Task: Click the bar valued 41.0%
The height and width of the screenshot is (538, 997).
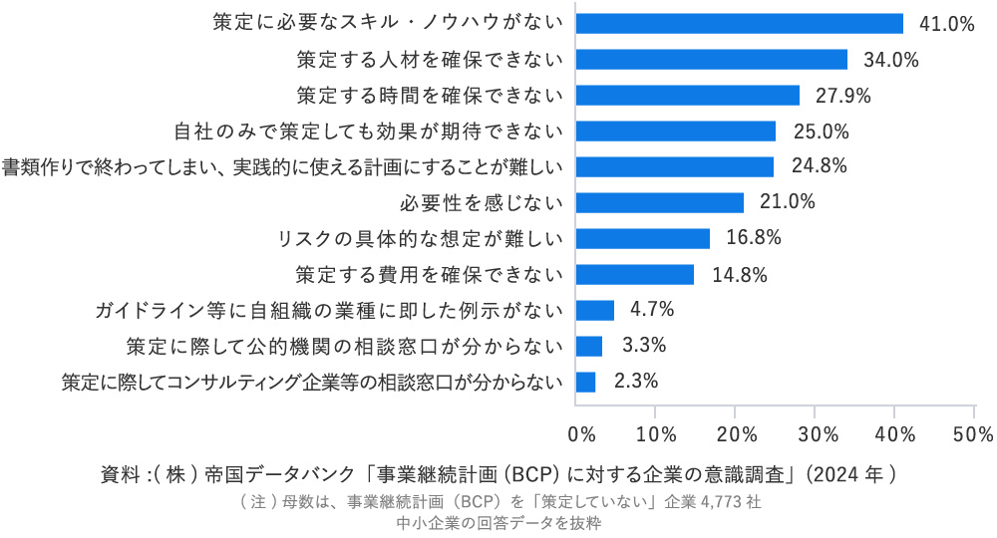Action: [x=739, y=23]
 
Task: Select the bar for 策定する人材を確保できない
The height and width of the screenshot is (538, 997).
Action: [x=711, y=59]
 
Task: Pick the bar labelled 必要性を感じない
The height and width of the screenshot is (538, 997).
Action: [x=659, y=202]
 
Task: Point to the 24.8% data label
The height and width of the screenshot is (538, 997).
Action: [x=819, y=166]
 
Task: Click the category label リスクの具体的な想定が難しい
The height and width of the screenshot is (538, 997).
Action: [x=423, y=238]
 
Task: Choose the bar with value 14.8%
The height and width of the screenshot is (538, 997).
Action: [x=634, y=274]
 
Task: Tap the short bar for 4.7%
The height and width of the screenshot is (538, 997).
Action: [x=595, y=310]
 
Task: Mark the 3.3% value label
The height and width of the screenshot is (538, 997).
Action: [x=644, y=346]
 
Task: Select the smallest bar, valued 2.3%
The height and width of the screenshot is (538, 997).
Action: [x=585, y=382]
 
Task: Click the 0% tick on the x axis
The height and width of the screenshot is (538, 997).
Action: [x=581, y=434]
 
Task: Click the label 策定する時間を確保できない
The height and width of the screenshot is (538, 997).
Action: [x=430, y=96]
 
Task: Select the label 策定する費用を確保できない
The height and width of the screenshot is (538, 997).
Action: [x=430, y=274]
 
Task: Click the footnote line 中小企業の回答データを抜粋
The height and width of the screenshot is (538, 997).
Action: [x=498, y=523]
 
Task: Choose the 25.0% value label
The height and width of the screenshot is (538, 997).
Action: [x=821, y=131]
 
